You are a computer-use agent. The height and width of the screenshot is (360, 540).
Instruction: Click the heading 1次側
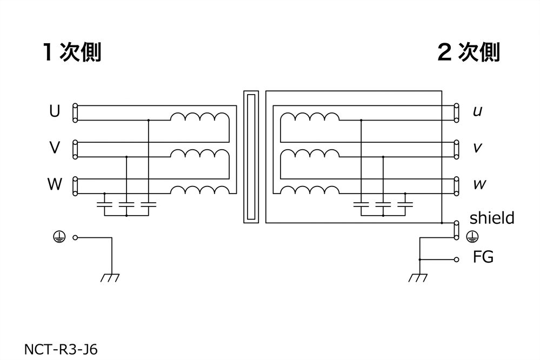pos(72,52)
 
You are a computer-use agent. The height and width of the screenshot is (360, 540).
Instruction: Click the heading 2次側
pos(468,52)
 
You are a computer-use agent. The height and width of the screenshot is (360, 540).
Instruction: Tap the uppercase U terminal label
pos(54,111)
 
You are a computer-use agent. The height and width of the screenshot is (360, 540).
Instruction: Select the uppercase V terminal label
pos(54,148)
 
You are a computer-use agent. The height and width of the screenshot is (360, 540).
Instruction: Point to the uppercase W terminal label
pos(54,184)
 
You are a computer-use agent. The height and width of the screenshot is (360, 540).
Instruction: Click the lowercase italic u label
pos(477,112)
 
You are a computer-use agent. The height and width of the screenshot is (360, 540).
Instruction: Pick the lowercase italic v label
pos(477,148)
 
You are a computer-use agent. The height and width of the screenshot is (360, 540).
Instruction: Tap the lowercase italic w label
pos(479,185)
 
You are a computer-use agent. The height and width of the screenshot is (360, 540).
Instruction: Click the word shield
pos(491,218)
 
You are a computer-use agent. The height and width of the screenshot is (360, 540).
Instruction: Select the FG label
pos(483,257)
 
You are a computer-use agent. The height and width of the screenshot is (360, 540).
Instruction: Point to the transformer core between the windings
pos(251,157)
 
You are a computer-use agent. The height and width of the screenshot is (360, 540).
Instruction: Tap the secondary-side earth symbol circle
pos(471,236)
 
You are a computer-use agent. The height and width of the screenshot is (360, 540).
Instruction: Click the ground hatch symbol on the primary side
pos(110,278)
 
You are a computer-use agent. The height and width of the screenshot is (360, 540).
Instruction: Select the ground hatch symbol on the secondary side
pos(417,278)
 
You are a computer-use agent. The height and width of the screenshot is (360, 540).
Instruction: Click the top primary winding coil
pos(200,117)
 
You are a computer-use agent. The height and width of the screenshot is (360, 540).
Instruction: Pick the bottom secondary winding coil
pos(310,190)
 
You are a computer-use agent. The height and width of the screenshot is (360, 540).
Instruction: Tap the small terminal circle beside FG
pos(457,259)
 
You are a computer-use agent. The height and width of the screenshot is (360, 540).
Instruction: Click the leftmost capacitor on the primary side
pos(104,204)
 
